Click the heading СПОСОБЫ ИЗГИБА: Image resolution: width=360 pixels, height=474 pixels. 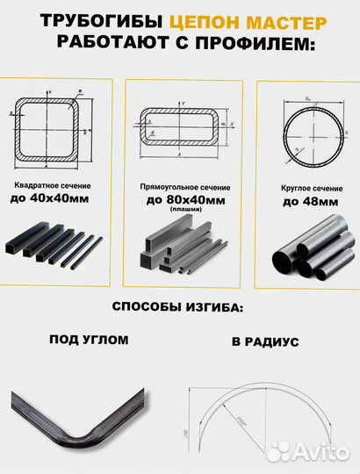pyautogui.click(x=179, y=308)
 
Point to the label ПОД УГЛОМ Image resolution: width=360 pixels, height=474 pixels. pyautogui.click(x=88, y=339)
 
